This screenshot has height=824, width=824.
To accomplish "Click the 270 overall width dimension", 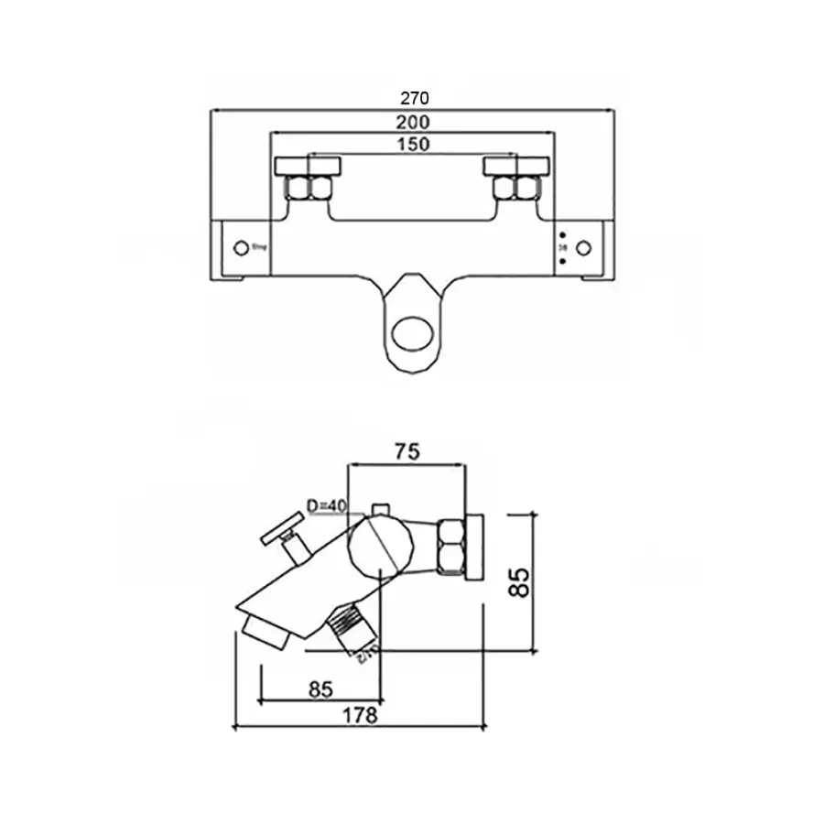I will pyautogui.click(x=414, y=98).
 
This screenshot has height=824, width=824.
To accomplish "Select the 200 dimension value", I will pyautogui.click(x=414, y=121).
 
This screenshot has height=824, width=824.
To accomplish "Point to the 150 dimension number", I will pyautogui.click(x=414, y=144).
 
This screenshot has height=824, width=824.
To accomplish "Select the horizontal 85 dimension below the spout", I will pyautogui.click(x=320, y=689).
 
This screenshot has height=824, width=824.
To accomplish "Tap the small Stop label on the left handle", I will pyautogui.click(x=257, y=247).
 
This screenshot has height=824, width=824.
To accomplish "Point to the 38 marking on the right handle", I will pyautogui.click(x=563, y=247).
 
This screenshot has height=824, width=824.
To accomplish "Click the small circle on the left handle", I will pyautogui.click(x=241, y=247).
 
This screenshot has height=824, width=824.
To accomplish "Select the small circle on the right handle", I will pyautogui.click(x=583, y=247).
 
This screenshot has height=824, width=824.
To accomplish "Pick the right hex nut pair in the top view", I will pyautogui.click(x=515, y=188).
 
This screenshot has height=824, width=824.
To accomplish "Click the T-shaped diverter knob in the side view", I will pyautogui.click(x=285, y=534).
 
